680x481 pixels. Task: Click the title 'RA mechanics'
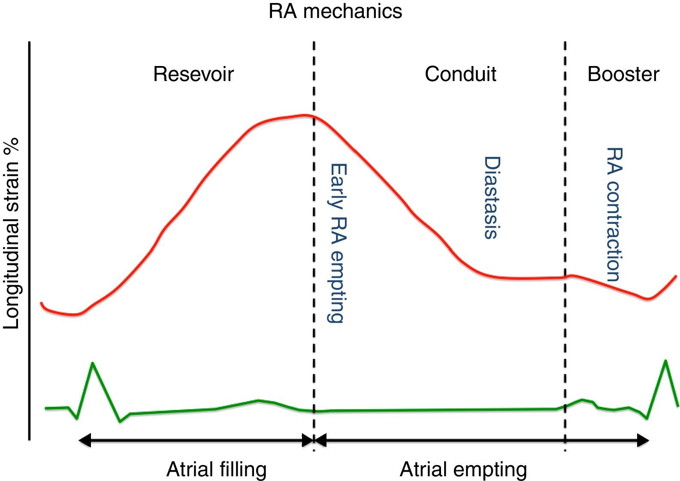tap(335, 11)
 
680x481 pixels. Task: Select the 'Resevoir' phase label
tap(193, 74)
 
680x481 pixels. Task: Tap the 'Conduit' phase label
tap(460, 74)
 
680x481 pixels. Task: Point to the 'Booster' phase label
tap(623, 74)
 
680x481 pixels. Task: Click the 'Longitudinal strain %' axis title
tap(12, 234)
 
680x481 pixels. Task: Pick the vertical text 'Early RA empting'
tap(337, 243)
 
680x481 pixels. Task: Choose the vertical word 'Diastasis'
tap(492, 197)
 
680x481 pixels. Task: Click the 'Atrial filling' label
tap(216, 469)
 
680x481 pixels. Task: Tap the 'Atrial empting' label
tap(463, 469)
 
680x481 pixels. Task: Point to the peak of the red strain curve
tap(305, 115)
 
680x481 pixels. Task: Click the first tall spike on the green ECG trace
tap(93, 363)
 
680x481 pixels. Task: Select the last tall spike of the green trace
tap(665, 361)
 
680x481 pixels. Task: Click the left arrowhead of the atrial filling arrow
tap(85, 440)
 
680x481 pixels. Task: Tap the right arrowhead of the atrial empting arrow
tap(643, 440)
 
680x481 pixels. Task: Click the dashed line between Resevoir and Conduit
tap(314, 214)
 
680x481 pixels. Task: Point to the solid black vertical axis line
tap(29, 240)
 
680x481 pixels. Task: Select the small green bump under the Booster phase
tap(582, 400)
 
